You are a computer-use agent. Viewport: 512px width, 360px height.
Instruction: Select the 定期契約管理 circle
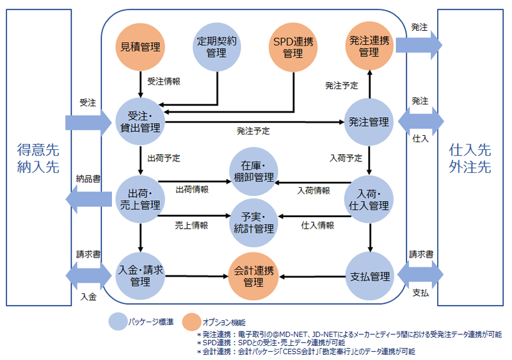[x=218, y=47]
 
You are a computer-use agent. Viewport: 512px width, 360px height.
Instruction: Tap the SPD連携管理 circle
[x=292, y=47]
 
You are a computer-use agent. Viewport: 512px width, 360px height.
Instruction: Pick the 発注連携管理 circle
[x=369, y=46]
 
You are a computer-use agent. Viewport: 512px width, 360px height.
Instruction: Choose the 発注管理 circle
[x=369, y=121]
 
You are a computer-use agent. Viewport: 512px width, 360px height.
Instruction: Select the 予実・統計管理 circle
[x=254, y=220]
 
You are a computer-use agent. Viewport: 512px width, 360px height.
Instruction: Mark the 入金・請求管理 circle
[x=140, y=276]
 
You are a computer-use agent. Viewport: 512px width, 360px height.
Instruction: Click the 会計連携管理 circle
[x=254, y=276]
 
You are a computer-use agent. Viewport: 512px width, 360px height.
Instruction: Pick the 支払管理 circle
[x=369, y=276]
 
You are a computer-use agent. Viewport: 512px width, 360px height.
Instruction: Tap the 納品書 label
[x=87, y=178]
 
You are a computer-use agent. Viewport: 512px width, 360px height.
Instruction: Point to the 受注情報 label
[x=164, y=81]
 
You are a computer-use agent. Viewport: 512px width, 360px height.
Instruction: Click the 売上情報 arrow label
[x=191, y=225]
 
